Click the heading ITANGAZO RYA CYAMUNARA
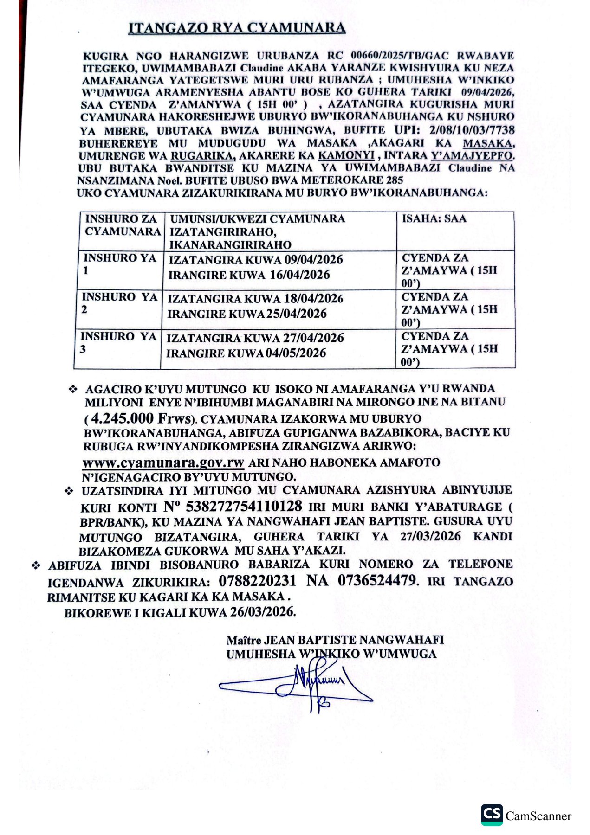[x=237, y=28]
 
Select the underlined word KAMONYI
[x=346, y=156]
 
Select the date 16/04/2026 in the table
[x=300, y=275]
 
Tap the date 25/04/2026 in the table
[x=297, y=314]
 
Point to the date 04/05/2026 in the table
[x=296, y=353]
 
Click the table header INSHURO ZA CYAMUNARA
[x=122, y=225]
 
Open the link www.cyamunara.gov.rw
[x=163, y=462]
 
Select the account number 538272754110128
[x=244, y=506]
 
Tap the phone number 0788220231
[x=257, y=581]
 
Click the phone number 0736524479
[x=377, y=581]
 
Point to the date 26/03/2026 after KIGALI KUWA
[x=263, y=612]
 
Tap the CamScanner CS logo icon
[x=492, y=815]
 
